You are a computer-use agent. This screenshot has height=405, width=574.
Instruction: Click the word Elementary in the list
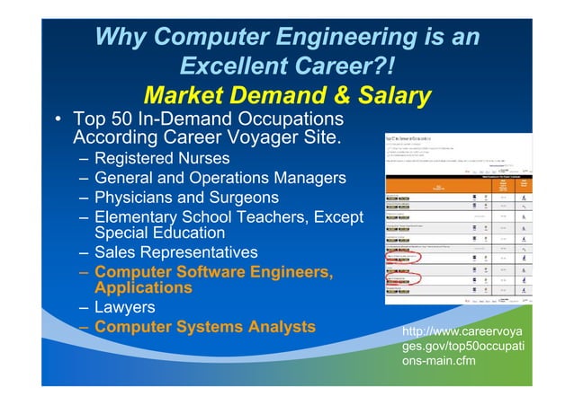point(143,217)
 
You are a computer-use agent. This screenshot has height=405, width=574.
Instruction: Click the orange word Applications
point(143,288)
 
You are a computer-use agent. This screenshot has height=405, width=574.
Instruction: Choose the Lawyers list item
point(125,307)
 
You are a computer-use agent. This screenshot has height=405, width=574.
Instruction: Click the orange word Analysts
point(277,326)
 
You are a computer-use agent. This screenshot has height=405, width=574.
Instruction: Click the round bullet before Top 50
point(57,120)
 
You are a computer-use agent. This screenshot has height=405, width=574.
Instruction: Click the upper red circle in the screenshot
point(403,260)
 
